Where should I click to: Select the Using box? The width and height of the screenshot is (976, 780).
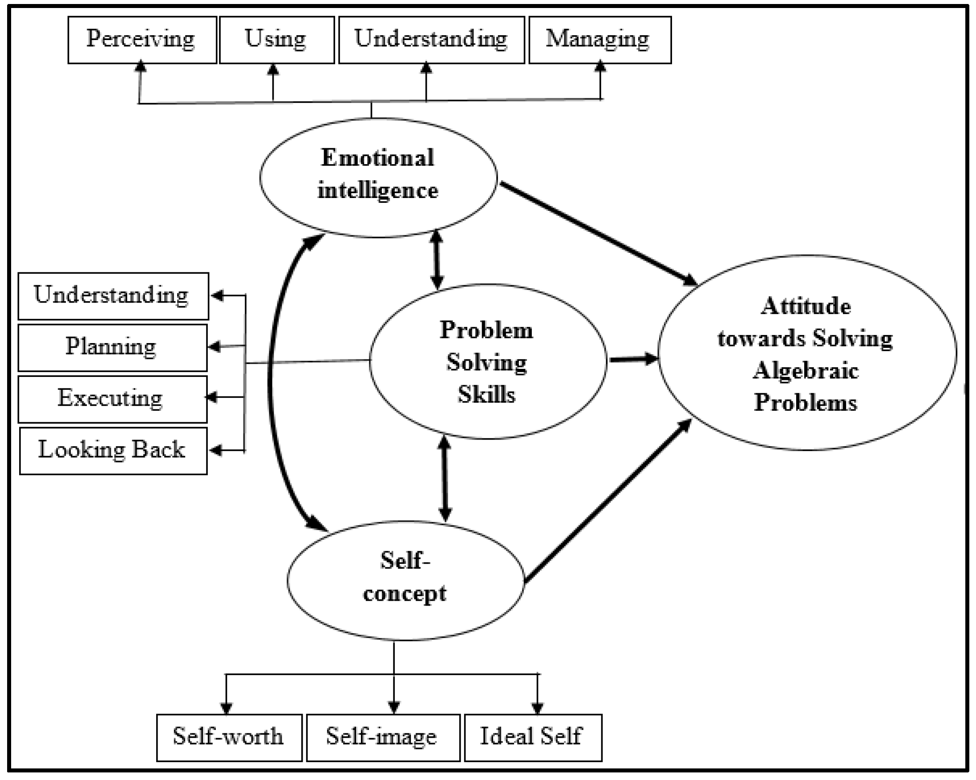point(276,40)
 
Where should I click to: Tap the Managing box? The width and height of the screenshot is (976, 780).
point(600,40)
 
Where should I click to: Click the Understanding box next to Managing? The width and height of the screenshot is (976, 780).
point(431,40)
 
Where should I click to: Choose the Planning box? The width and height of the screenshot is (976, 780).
point(112,348)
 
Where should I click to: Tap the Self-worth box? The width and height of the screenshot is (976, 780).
point(229,738)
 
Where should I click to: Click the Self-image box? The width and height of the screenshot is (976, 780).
point(383,738)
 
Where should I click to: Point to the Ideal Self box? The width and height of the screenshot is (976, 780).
point(533,738)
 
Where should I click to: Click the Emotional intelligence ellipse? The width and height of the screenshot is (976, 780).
point(378,177)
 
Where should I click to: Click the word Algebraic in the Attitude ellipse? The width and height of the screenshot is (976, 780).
point(806,371)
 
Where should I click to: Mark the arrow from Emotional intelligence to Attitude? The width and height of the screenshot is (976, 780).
point(598,233)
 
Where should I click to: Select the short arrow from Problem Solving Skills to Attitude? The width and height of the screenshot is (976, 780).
point(632,360)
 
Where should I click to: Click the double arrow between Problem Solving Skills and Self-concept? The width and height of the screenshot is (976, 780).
point(445,480)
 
